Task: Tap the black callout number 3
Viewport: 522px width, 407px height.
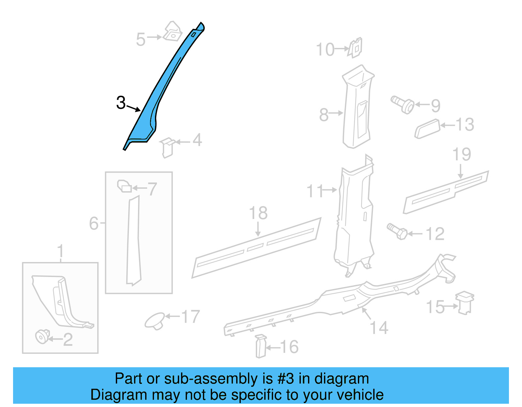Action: [x=121, y=103]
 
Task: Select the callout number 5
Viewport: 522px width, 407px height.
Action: [x=141, y=40]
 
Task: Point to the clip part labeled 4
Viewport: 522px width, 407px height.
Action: [x=167, y=147]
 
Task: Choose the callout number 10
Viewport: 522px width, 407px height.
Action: [x=325, y=50]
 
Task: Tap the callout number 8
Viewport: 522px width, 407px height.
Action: [x=324, y=115]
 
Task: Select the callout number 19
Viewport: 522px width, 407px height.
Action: [x=462, y=154]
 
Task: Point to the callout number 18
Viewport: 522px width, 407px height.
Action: [x=258, y=213]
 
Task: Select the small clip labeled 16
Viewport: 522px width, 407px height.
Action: [x=261, y=346]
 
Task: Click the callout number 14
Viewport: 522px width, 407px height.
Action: [x=379, y=328]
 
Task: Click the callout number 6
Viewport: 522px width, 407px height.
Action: [x=94, y=224]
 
